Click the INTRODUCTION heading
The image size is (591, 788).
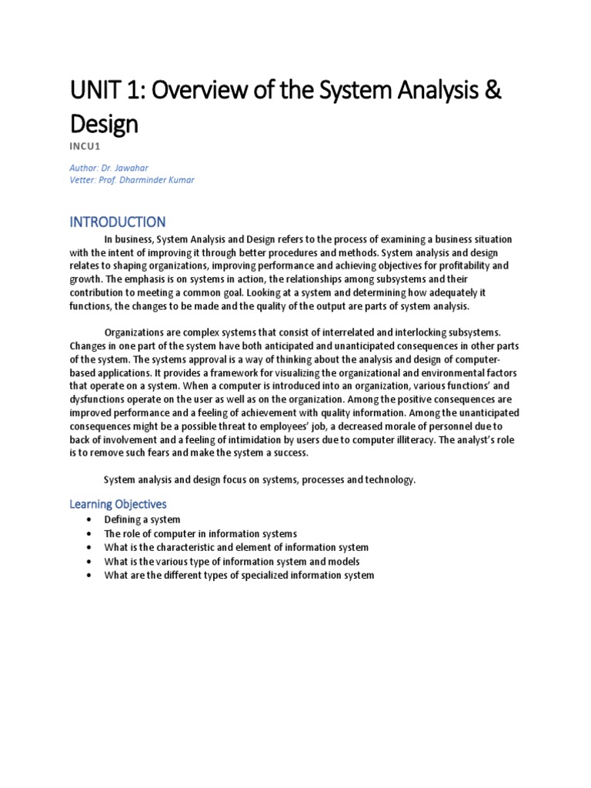118,222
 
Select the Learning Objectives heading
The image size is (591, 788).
118,504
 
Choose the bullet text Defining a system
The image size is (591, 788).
142,520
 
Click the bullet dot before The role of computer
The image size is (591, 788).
90,534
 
